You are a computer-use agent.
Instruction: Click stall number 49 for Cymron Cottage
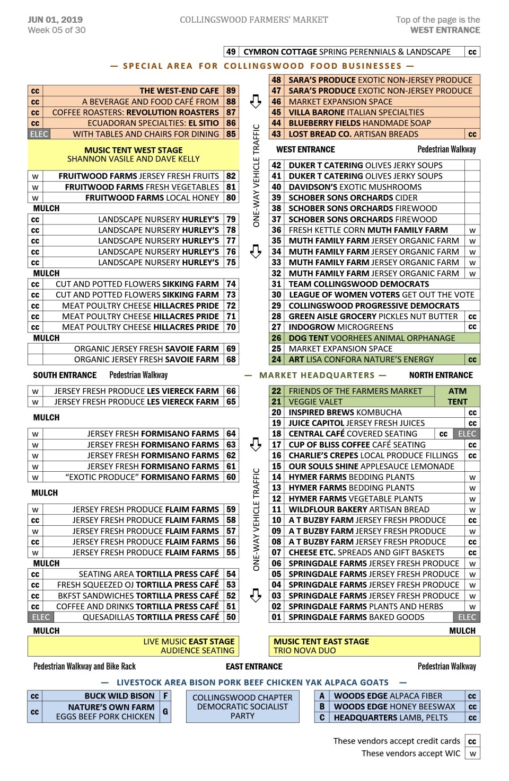point(231,52)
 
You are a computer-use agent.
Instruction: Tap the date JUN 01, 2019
point(55,20)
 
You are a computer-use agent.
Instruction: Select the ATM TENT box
point(457,396)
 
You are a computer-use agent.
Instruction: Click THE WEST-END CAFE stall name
point(179,91)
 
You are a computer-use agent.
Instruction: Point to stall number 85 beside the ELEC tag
point(231,134)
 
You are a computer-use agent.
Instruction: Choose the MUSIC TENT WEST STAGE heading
point(133,150)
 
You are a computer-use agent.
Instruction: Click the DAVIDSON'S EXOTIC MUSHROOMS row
point(355,187)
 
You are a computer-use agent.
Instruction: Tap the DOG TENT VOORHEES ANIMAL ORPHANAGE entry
point(371,338)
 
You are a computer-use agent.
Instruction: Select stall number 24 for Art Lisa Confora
point(276,360)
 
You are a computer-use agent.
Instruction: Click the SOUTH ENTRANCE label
point(65,375)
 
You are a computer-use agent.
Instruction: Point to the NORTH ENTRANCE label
point(441,375)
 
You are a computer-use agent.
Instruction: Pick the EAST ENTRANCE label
point(254,666)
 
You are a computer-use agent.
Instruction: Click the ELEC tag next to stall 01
point(467,617)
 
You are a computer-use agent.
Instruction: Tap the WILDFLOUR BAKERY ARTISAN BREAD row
point(358,509)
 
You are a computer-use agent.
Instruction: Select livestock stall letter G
point(165,712)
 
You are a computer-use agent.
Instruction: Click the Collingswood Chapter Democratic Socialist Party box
point(242,706)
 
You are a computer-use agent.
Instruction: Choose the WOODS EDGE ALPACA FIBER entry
point(388,696)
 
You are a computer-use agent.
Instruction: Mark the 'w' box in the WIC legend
point(472,753)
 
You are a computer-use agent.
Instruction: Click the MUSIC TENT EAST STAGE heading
point(321,641)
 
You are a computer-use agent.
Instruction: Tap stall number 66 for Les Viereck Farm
point(231,391)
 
